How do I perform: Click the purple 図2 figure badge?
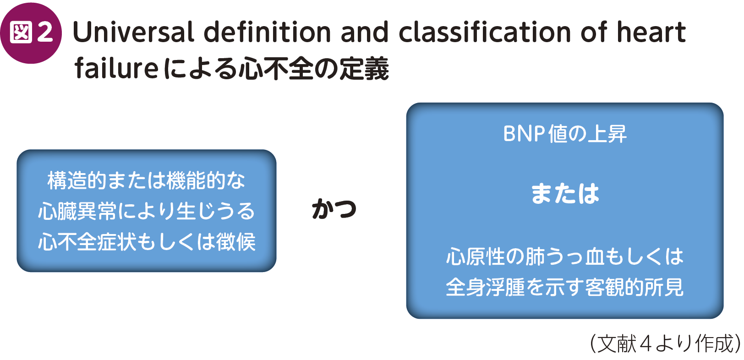(x=31, y=33)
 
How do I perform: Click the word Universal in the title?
(x=133, y=32)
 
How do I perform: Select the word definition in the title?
(x=267, y=32)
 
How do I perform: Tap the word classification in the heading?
(x=484, y=32)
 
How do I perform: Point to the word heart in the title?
(x=651, y=32)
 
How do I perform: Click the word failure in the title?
(x=116, y=68)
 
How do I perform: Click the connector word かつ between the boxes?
(x=334, y=209)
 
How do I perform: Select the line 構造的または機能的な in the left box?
(x=146, y=180)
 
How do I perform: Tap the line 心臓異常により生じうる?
(x=146, y=211)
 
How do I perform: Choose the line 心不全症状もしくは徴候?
(x=146, y=242)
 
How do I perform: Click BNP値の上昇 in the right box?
(x=564, y=134)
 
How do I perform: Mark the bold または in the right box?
(x=564, y=193)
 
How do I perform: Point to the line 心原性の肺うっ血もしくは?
(x=564, y=256)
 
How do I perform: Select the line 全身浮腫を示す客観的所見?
(x=564, y=287)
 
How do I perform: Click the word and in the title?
(x=365, y=32)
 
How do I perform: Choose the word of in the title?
(x=595, y=32)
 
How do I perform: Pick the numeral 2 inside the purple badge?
(x=45, y=33)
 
